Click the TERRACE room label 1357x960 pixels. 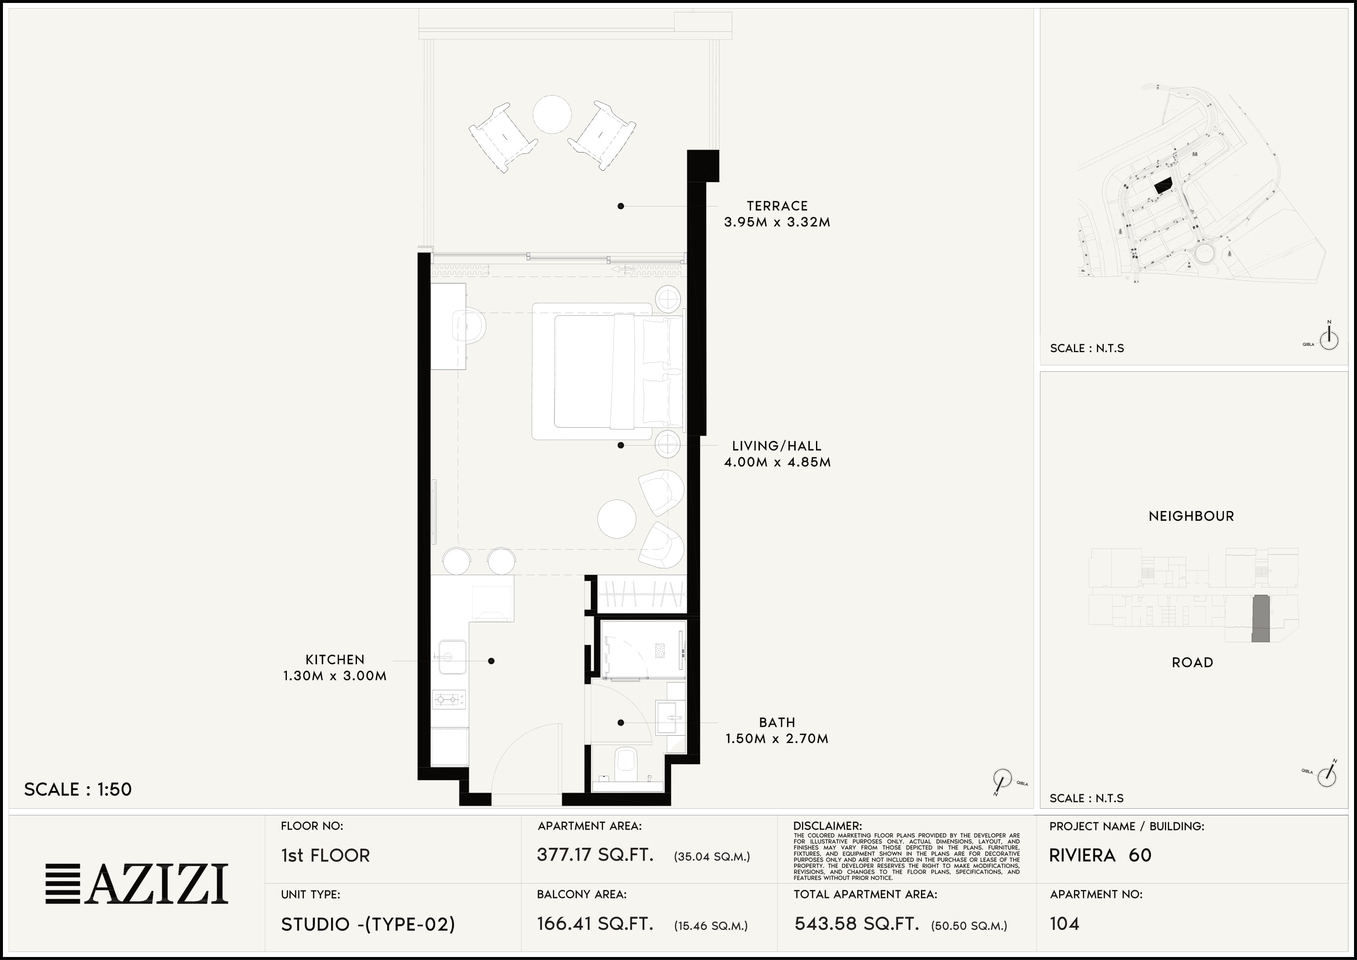coord(777,206)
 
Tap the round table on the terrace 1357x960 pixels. coord(552,114)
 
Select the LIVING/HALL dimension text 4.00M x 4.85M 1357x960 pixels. coord(777,462)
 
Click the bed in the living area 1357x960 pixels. coord(607,371)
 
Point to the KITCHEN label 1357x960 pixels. coord(334,659)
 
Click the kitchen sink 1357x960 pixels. coord(452,657)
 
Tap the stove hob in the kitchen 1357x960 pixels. coord(449,699)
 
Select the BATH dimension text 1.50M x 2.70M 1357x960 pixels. coord(777,738)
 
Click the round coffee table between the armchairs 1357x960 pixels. coord(617,519)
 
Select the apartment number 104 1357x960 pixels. coord(1064,923)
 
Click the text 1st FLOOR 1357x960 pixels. coord(325,856)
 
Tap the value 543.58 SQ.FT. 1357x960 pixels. coord(857,923)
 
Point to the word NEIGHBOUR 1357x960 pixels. coord(1191,516)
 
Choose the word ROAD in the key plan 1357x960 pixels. coord(1193,663)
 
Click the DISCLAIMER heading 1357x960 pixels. coord(827,826)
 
